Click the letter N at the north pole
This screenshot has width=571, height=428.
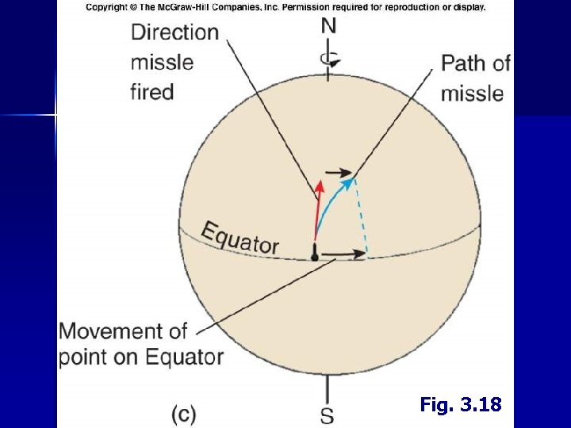click(328, 26)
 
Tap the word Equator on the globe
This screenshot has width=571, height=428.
click(240, 238)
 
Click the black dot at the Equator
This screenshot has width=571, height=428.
click(315, 256)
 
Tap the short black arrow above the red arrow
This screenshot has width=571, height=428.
click(339, 171)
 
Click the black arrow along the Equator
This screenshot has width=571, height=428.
click(345, 254)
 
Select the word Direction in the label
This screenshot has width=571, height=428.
click(174, 32)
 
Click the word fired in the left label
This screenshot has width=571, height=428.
click(151, 92)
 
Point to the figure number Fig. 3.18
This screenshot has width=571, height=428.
click(461, 405)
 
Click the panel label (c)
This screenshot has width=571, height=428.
click(184, 414)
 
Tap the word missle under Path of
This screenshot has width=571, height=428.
click(472, 94)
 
